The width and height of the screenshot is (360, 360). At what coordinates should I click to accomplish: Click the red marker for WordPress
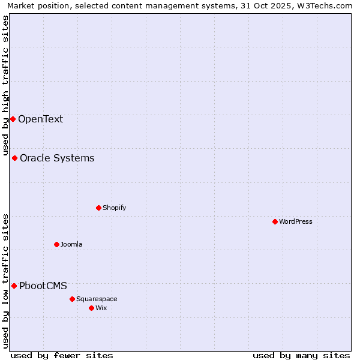pos(275,221)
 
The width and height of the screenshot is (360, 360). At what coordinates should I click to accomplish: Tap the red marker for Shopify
pos(98,208)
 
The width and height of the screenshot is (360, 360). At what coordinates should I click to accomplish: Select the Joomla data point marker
pos(56,244)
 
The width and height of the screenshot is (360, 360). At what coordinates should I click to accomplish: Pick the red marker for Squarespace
pos(72,299)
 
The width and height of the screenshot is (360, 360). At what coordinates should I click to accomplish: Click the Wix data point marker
pos(91,308)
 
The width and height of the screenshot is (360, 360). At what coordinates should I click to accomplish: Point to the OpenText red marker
pos(13,119)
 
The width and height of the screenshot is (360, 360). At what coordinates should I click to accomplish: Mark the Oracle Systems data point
pos(14,158)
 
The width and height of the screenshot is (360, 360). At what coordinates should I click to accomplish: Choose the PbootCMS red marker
pos(14,286)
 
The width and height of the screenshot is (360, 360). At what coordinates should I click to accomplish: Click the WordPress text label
pos(296,221)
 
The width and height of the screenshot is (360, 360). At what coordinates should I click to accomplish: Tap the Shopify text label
pos(114,208)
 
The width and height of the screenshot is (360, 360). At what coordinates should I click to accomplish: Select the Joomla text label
pos(71,244)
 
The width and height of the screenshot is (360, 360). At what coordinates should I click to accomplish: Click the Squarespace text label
pos(97,299)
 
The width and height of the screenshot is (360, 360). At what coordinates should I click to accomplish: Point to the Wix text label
pos(101,308)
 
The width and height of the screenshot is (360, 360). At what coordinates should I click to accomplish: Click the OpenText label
pos(40,119)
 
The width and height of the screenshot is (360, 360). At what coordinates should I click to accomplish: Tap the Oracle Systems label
pos(57,158)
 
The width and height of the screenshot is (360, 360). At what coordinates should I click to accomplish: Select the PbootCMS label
pos(43,286)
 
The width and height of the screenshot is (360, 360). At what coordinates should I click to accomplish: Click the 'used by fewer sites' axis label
pos(62,355)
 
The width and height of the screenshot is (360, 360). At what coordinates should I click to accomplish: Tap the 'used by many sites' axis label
pos(301,355)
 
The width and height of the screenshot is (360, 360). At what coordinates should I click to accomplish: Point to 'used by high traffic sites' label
pos(5,84)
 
